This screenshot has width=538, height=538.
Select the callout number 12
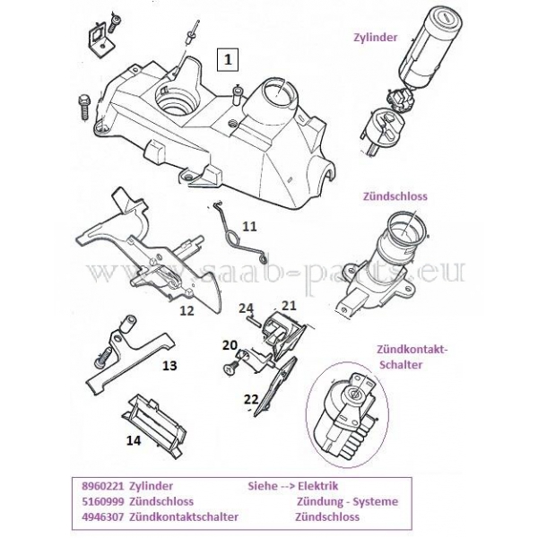click(x=187, y=311)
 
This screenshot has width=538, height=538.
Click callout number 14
click(x=134, y=440)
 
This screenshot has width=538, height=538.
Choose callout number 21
click(x=288, y=306)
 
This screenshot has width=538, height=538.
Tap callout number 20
click(x=229, y=345)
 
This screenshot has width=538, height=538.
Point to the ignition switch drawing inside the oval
click(x=353, y=409)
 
